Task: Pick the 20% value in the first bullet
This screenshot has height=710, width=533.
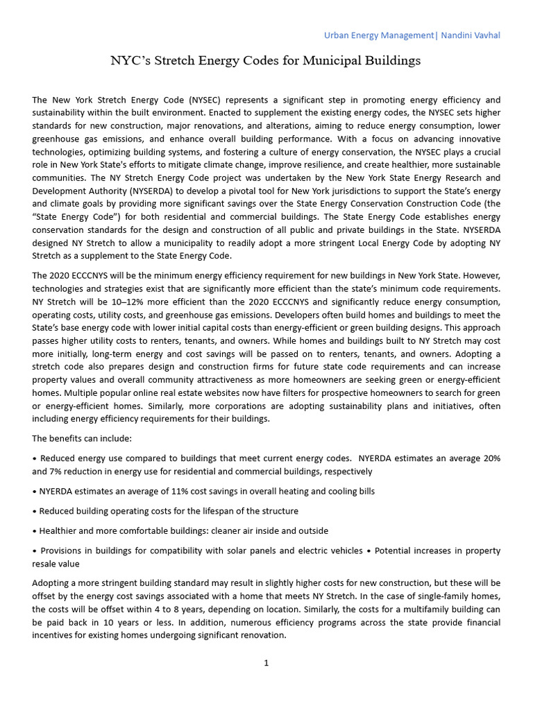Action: pos(490,458)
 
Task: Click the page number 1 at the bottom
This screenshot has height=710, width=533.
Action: pos(266,662)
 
